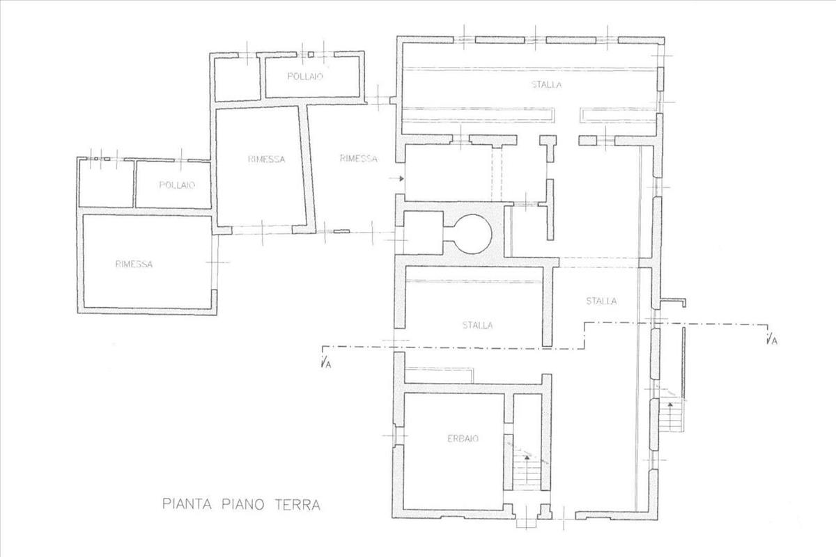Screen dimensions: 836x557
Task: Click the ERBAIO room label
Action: tap(463, 439)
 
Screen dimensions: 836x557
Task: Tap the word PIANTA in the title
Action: tap(187, 504)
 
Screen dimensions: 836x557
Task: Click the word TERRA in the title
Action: tap(297, 504)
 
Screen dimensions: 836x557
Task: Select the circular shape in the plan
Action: tap(472, 234)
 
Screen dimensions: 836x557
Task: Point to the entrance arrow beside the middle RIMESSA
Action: tap(396, 179)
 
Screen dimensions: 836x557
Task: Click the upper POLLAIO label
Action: tap(305, 77)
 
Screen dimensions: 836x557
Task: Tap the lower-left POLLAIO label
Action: tap(177, 185)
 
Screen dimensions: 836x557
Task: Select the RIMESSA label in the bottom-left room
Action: tap(134, 264)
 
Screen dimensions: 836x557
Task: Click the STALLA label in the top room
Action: tap(546, 85)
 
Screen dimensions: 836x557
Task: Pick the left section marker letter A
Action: tap(327, 365)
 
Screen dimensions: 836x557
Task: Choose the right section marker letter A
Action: tap(774, 341)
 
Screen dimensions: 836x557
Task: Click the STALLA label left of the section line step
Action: tap(477, 325)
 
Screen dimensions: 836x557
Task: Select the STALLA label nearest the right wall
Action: tap(601, 301)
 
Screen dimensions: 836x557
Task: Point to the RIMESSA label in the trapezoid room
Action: tap(266, 159)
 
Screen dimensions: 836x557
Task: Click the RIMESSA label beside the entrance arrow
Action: tap(358, 159)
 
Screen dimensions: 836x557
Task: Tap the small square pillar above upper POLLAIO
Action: tap(311, 54)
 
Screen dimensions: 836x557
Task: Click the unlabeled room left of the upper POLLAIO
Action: tap(238, 79)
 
